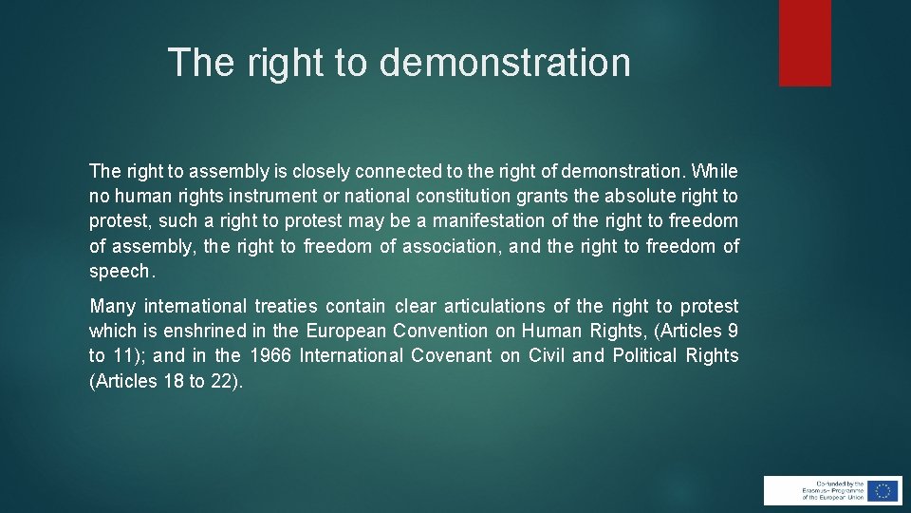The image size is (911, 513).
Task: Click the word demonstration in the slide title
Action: click(x=505, y=63)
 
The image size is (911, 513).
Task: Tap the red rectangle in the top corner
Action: click(x=805, y=43)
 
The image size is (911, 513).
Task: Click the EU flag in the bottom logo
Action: click(x=883, y=490)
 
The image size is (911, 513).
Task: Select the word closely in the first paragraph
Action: click(x=319, y=172)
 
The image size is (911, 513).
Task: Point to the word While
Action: click(x=715, y=172)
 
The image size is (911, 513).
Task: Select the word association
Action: click(x=449, y=246)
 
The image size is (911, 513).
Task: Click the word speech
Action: click(x=120, y=271)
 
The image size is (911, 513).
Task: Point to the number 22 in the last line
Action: click(x=220, y=380)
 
